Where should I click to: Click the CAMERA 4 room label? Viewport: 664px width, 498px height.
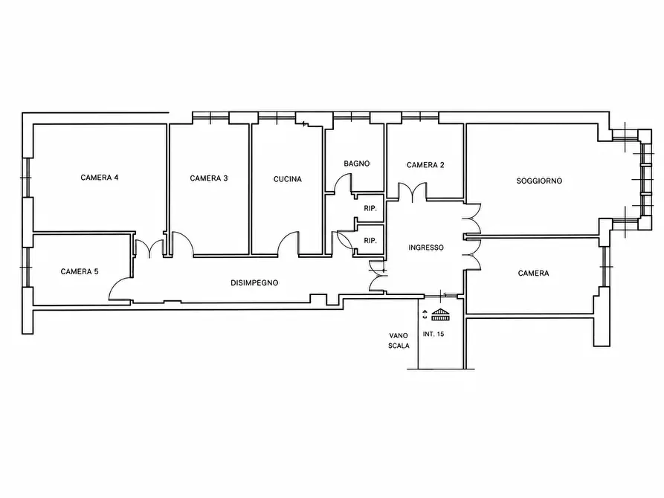pyautogui.click(x=100, y=178)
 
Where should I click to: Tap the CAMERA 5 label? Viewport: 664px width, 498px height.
pyautogui.click(x=80, y=271)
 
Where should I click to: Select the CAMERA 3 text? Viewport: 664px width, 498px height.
pyautogui.click(x=209, y=178)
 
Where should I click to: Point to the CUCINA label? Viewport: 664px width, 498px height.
pyautogui.click(x=288, y=179)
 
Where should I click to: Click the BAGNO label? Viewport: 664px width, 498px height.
pyautogui.click(x=357, y=164)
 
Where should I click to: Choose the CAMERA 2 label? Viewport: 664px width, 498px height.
pyautogui.click(x=425, y=165)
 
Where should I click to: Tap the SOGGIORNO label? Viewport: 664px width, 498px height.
pyautogui.click(x=539, y=181)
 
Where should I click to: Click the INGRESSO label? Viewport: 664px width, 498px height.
pyautogui.click(x=426, y=248)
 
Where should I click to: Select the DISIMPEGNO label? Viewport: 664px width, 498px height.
pyautogui.click(x=254, y=283)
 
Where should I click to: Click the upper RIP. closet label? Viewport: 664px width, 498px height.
pyautogui.click(x=370, y=208)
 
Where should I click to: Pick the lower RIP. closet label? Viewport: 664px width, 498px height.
pyautogui.click(x=370, y=241)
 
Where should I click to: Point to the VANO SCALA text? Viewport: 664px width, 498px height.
pyautogui.click(x=399, y=340)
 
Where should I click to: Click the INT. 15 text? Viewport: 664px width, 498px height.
pyautogui.click(x=433, y=334)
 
